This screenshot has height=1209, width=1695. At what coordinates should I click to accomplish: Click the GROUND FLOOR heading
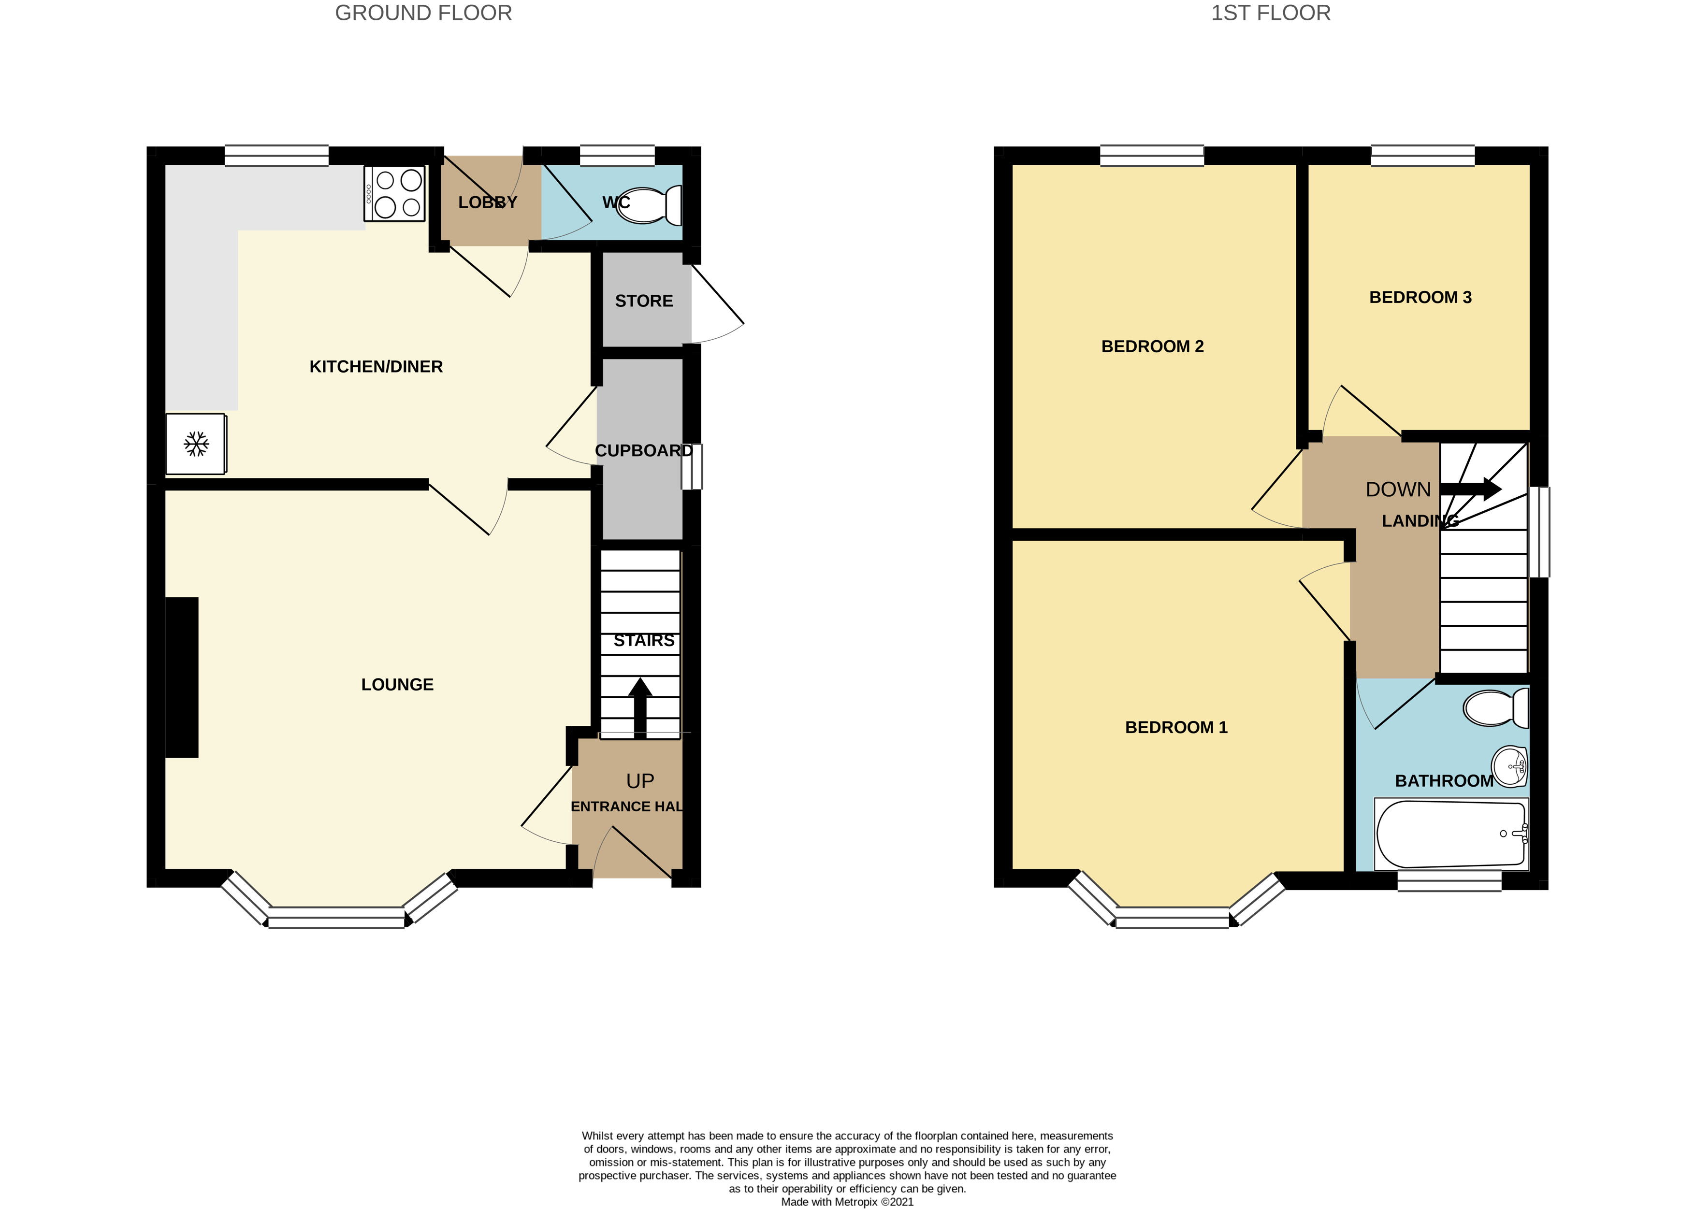pyautogui.click(x=423, y=14)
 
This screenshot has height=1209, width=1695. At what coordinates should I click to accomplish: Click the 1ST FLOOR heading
pyautogui.click(x=1270, y=14)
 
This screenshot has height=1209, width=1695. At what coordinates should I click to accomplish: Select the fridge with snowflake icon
pyautogui.click(x=196, y=444)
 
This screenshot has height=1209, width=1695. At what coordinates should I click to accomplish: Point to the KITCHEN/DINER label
pyautogui.click(x=376, y=366)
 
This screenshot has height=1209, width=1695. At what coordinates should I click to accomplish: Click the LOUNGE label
pyautogui.click(x=397, y=684)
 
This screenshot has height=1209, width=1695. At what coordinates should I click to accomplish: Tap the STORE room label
pyautogui.click(x=644, y=301)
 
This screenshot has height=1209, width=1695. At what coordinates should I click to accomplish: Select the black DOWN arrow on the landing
pyautogui.click(x=1470, y=489)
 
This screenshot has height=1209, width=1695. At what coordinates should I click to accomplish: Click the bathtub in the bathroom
pyautogui.click(x=1450, y=834)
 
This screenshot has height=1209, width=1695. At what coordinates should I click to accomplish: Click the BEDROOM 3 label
pyautogui.click(x=1420, y=297)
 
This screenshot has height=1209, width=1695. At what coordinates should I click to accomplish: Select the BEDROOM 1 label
pyautogui.click(x=1175, y=727)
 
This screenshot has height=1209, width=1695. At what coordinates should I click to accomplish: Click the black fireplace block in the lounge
pyautogui.click(x=182, y=677)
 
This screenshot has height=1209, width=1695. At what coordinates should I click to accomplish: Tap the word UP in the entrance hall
pyautogui.click(x=639, y=781)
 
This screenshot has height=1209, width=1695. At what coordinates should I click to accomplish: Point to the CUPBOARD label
pyautogui.click(x=643, y=450)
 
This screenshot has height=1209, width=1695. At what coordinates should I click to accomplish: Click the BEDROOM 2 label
pyautogui.click(x=1152, y=346)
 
